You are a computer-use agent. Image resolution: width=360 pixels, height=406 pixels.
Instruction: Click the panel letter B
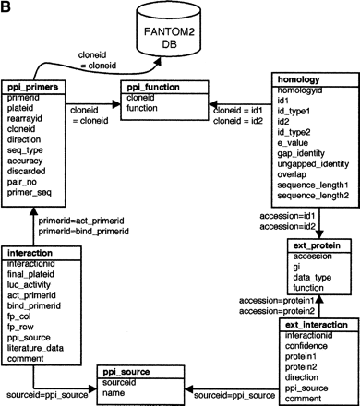pos(7,7)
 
